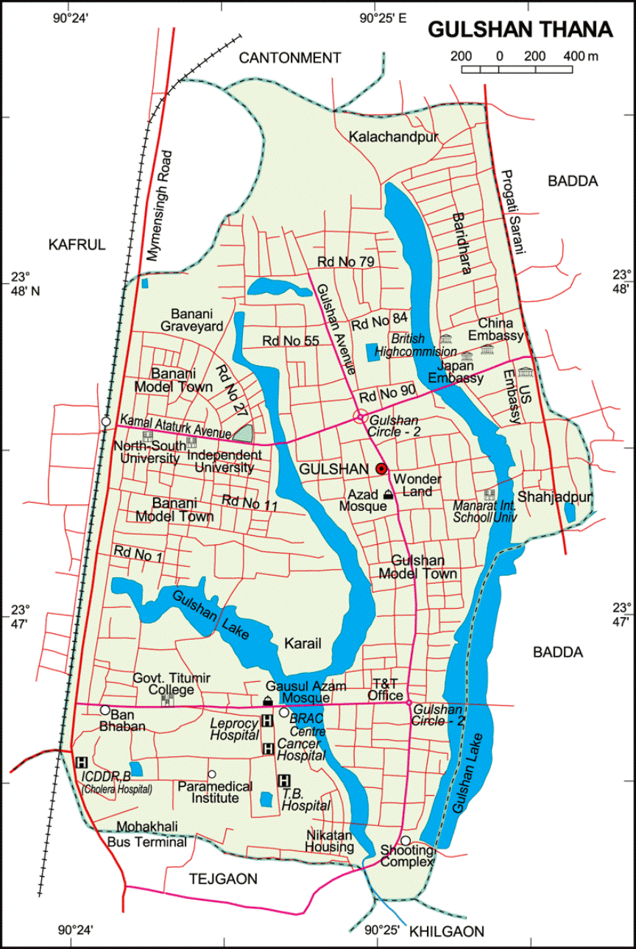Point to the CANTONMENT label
290,57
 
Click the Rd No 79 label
346,262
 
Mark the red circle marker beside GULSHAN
381,468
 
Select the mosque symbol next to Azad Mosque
388,494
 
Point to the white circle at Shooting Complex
405,841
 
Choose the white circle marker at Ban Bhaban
105,710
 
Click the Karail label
303,643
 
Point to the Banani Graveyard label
192,318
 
